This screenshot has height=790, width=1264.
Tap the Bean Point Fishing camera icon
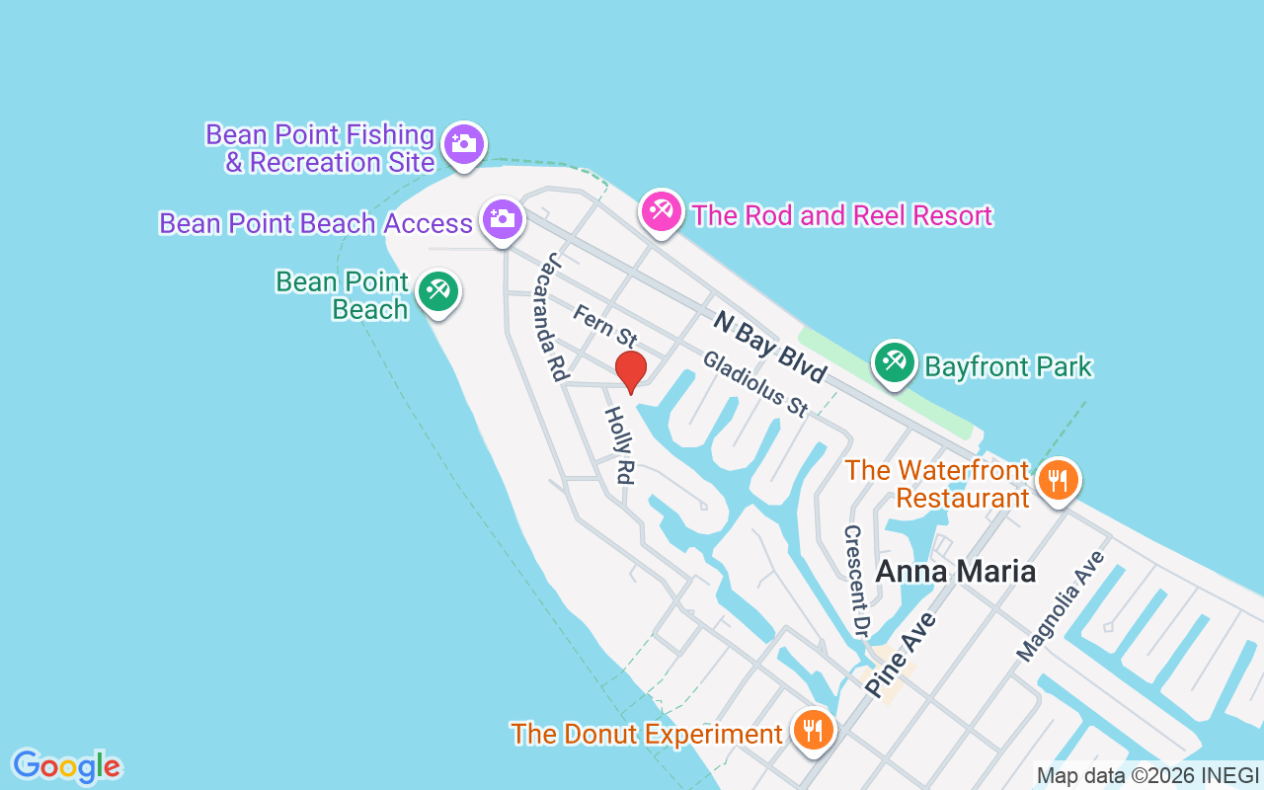462,145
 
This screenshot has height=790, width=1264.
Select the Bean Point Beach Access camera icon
503,218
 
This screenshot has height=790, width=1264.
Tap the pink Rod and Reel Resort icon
662,211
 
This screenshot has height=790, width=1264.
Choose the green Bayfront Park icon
895,361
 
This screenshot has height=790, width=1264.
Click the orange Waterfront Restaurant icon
1057,481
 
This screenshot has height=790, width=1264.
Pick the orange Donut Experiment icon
813,731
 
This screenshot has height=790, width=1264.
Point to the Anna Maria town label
955,571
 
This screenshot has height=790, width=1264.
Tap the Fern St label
604,327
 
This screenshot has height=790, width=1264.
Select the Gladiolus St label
755,385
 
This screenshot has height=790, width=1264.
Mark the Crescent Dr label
854,581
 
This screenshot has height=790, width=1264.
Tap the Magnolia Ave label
1062,606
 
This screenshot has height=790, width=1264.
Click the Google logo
66,766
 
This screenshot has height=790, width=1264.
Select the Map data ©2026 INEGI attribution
1147,775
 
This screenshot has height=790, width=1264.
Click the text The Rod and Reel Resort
841,215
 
